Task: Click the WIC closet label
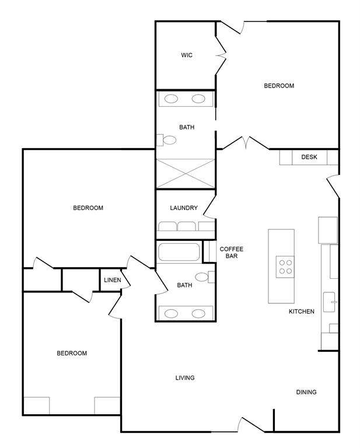tap(186, 55)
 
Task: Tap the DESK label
tap(309, 157)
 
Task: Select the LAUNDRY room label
tap(184, 208)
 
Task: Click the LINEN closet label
tap(112, 280)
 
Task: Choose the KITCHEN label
tap(302, 311)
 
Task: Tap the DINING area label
tap(306, 392)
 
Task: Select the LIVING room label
tap(185, 378)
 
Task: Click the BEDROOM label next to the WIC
tap(279, 86)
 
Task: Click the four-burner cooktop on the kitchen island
tap(285, 267)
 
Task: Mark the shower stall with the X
tap(185, 174)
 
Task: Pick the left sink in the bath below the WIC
tap(172, 99)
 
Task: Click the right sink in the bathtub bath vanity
tap(199, 313)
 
